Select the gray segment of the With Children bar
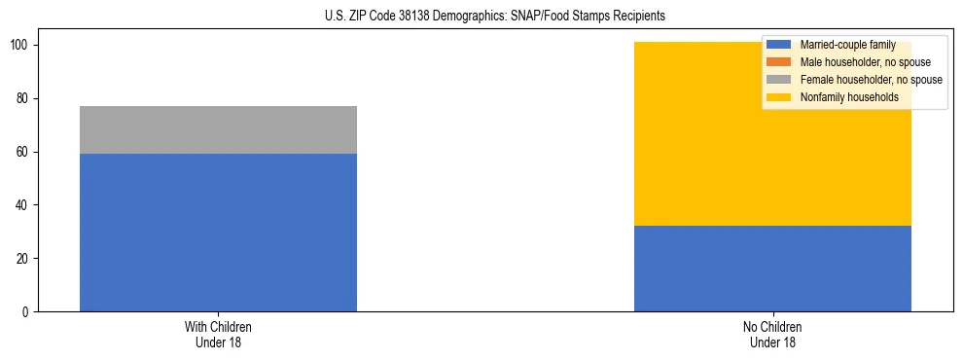(218, 129)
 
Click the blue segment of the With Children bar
(218, 233)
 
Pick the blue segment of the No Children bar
(772, 269)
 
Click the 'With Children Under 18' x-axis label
(218, 334)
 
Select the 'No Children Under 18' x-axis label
(772, 334)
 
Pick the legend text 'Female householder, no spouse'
(871, 80)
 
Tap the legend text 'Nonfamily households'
(849, 97)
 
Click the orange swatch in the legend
(779, 62)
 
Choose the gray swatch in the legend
(779, 80)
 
